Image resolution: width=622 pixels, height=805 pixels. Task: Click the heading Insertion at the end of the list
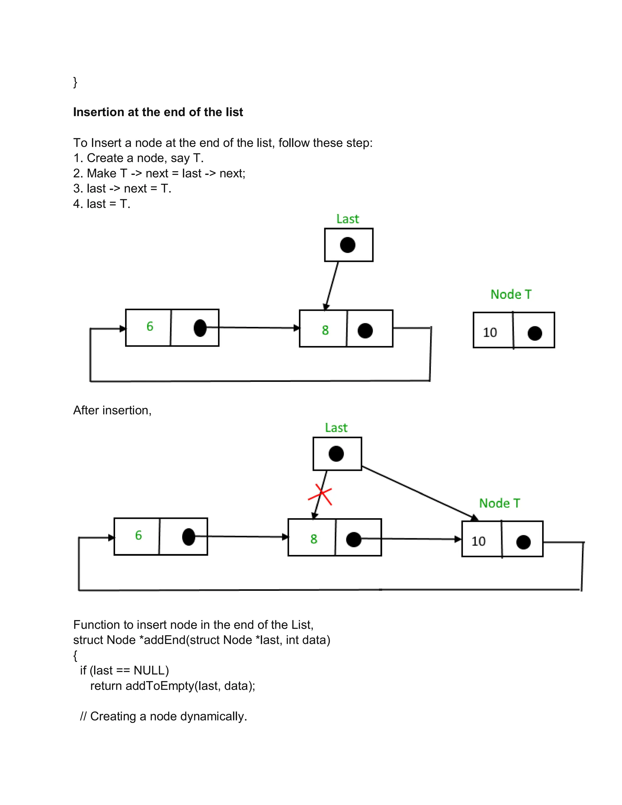point(158,112)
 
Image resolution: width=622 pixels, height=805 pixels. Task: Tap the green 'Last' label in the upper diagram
point(347,219)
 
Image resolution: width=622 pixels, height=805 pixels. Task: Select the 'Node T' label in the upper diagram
point(511,294)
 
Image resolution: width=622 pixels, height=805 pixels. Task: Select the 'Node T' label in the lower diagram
point(499,503)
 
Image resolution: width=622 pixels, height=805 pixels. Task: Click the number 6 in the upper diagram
point(150,326)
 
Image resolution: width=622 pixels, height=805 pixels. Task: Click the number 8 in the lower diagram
point(313,539)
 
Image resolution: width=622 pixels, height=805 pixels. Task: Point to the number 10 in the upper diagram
point(490,332)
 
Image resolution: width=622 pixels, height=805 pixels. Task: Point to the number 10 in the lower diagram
point(478,541)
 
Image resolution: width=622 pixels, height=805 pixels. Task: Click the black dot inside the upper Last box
point(347,245)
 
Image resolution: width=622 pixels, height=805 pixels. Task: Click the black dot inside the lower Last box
point(336,454)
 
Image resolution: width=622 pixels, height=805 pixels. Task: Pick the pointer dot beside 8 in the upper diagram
point(365,331)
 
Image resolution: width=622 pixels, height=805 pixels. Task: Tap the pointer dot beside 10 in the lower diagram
point(523,542)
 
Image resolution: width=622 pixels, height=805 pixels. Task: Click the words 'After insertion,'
point(112,410)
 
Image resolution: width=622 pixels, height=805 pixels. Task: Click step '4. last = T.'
point(102,204)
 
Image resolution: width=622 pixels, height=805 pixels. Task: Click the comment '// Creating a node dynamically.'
point(163,716)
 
